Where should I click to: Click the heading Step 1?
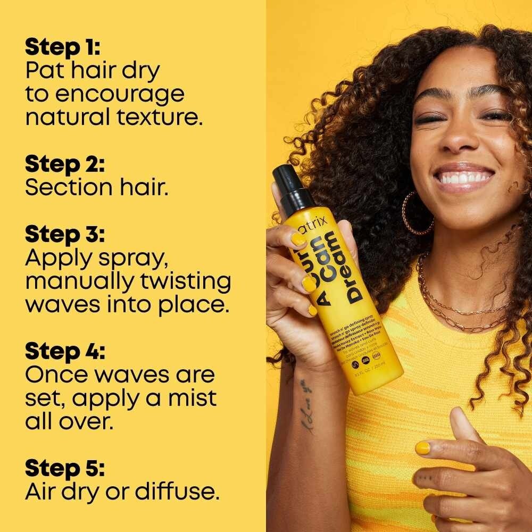(63, 47)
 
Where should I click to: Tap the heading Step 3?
(65, 234)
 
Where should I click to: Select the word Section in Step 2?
(69, 187)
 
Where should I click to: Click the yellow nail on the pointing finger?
(422, 448)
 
